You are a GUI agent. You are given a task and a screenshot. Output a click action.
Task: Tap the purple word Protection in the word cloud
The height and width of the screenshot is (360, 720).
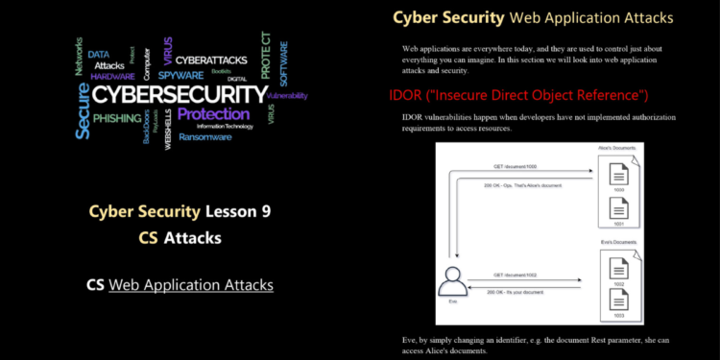(x=213, y=114)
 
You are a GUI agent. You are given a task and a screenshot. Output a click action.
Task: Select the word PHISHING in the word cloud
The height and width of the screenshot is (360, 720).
(x=117, y=118)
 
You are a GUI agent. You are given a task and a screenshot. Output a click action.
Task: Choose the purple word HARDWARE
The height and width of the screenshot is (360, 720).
(x=112, y=76)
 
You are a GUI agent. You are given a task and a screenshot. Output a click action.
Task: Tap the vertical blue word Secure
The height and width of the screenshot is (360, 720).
(x=83, y=111)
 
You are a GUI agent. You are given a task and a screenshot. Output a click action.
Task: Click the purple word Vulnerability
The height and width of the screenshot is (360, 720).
(x=287, y=96)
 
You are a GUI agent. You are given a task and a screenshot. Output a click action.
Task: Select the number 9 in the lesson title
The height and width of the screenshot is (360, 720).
(x=265, y=211)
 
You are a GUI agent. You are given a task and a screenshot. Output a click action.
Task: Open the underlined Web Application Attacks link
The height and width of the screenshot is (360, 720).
(x=191, y=284)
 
